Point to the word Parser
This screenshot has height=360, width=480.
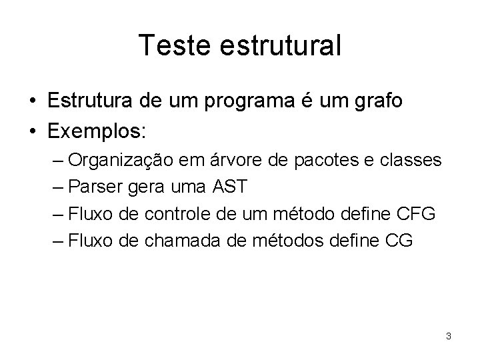[92, 187]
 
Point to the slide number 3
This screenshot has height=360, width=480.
[449, 336]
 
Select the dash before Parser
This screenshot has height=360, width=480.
[59, 187]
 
